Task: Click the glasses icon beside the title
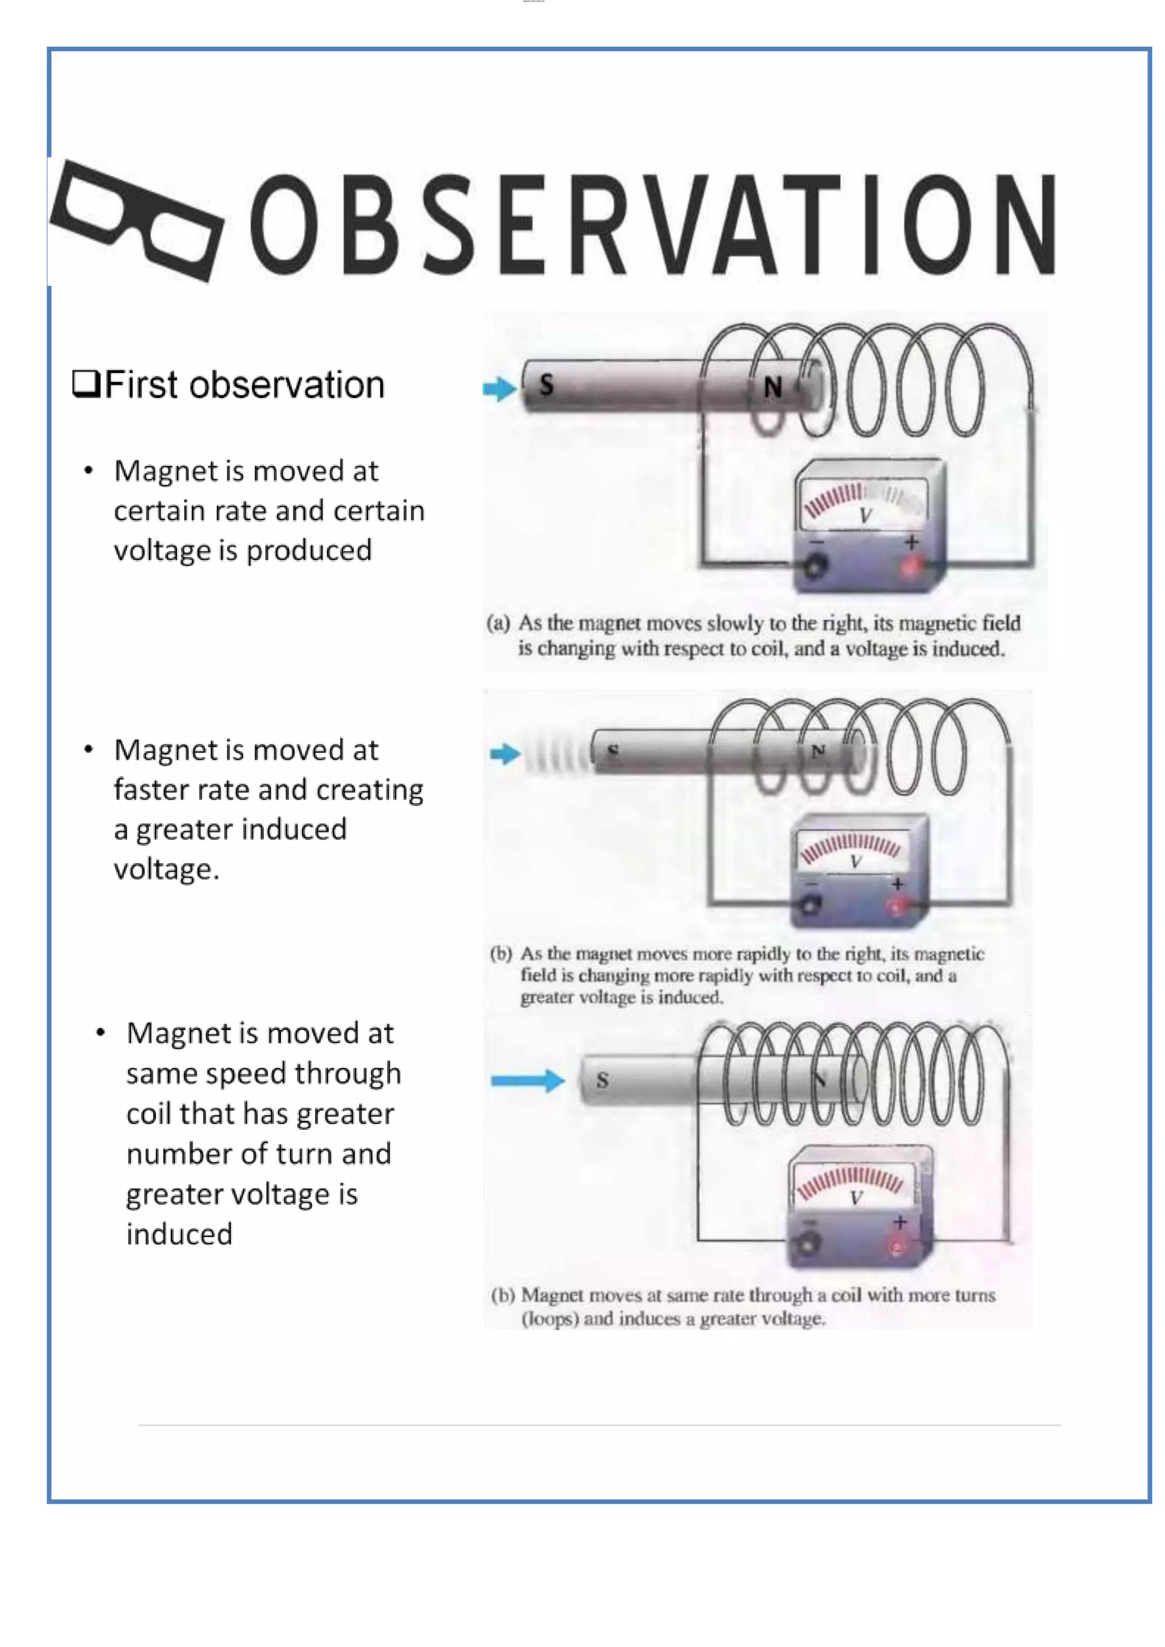point(137,221)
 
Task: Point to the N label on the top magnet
point(772,388)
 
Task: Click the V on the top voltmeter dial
point(865,516)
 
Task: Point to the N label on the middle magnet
point(818,751)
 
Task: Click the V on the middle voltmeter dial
point(855,862)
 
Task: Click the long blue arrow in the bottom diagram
point(528,1081)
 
